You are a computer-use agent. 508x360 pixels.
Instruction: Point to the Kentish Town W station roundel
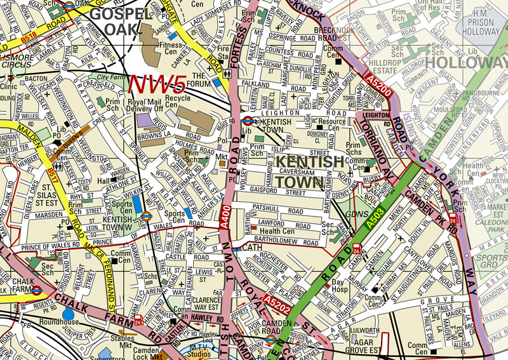146,215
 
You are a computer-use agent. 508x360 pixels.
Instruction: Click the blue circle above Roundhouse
68,313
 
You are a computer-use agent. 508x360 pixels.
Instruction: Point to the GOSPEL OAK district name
121,20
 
